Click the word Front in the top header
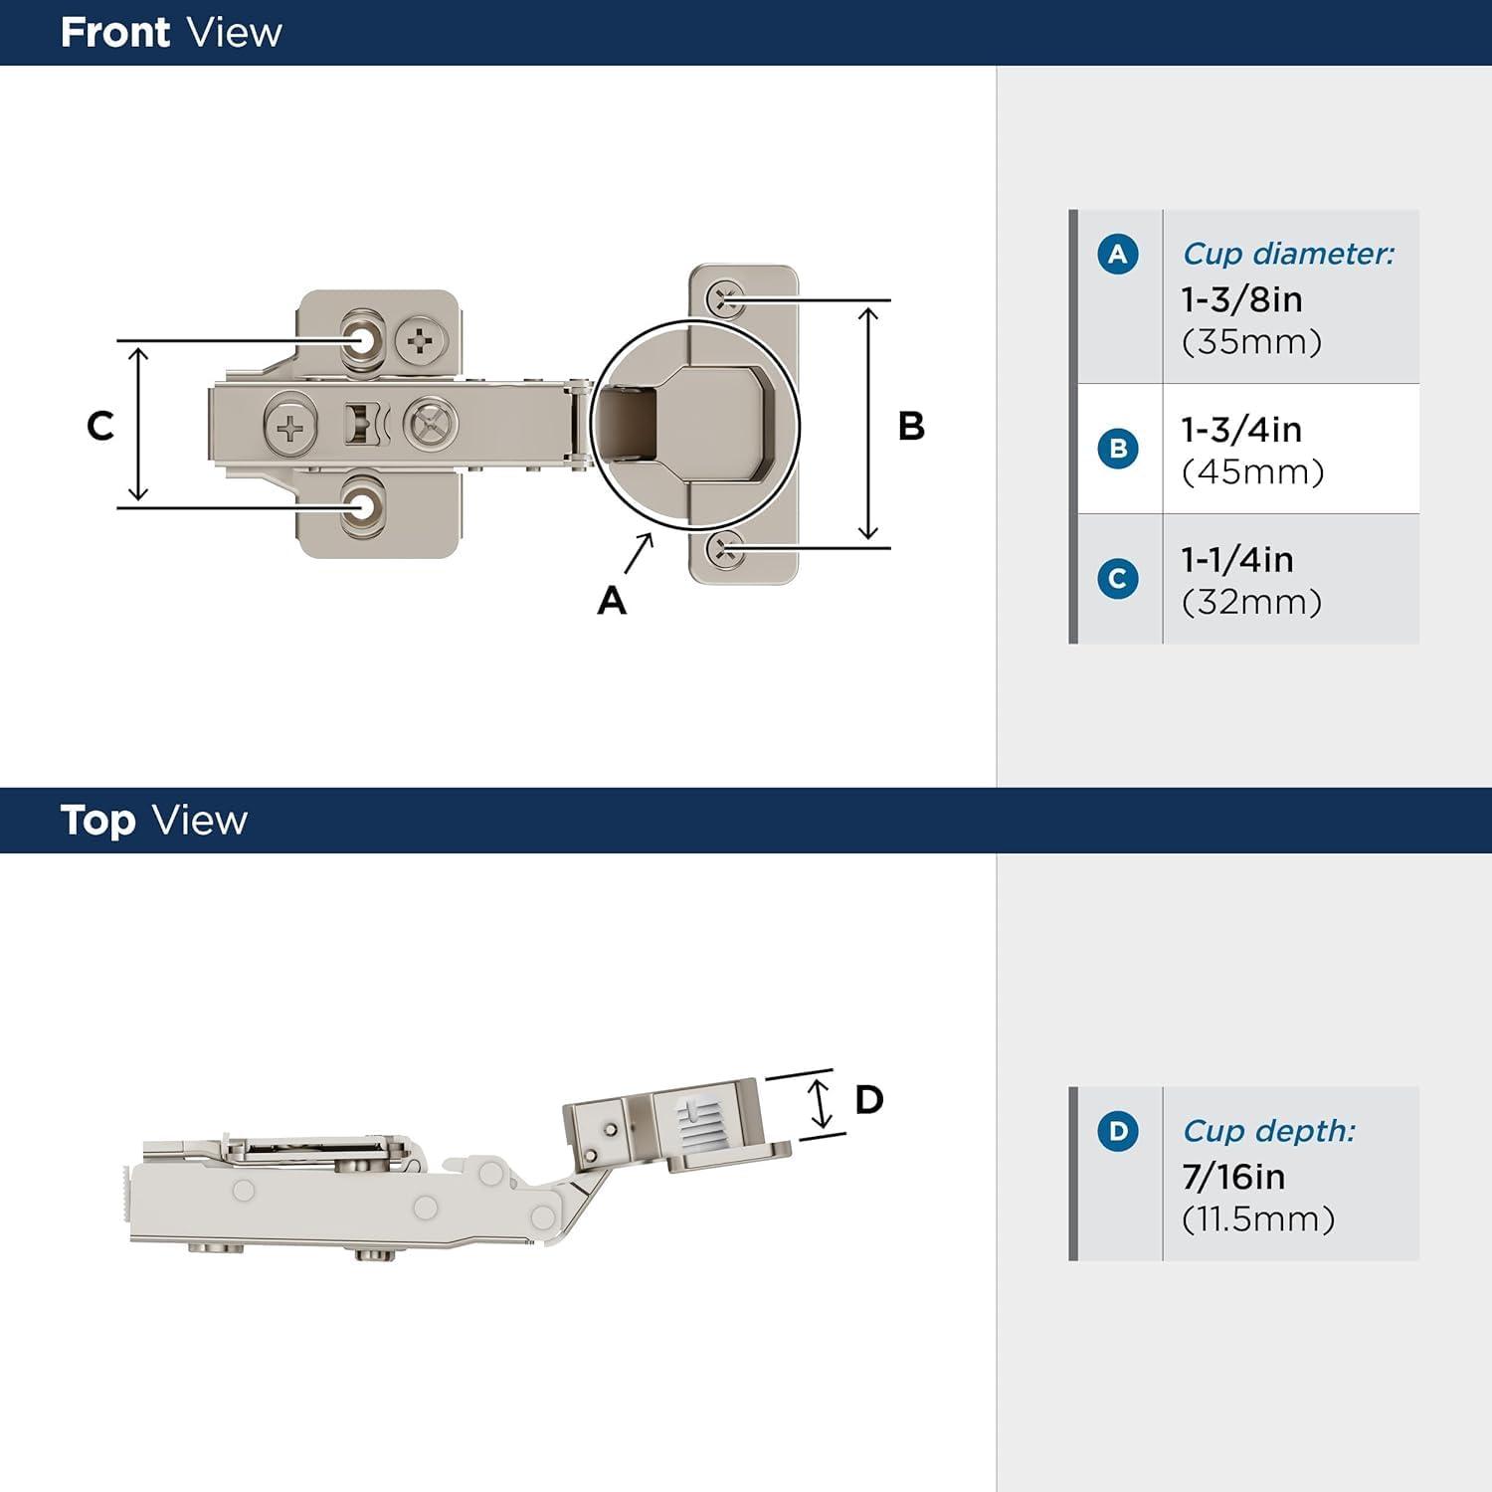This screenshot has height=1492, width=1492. pos(114,33)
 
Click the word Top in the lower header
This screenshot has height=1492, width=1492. pos(97,821)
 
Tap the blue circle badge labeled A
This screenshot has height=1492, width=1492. pos(1117,255)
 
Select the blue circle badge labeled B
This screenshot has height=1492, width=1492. pos(1117,449)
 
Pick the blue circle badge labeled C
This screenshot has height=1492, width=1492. pos(1117,579)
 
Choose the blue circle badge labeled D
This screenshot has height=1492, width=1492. pos(1117,1132)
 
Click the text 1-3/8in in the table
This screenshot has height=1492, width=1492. pos(1241,299)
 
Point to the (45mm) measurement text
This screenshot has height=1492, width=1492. pos(1252,471)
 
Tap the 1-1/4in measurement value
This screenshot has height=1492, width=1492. pos(1237,560)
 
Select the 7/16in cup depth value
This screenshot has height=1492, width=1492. pos(1233,1177)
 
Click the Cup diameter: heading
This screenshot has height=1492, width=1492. pos(1288,254)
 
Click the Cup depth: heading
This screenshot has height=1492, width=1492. pos(1268,1131)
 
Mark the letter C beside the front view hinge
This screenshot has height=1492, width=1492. pos(99,426)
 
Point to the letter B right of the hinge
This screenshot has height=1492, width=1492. pos(911,426)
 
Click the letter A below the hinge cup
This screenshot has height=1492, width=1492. pos(612,601)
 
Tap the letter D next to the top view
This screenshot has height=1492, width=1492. pos(868,1100)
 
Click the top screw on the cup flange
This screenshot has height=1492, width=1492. pos(725,297)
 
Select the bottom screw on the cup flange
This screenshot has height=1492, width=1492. pos(725,549)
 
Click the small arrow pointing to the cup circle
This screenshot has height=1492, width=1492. pos(639,553)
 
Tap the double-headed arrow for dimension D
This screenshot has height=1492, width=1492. pos(819,1102)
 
